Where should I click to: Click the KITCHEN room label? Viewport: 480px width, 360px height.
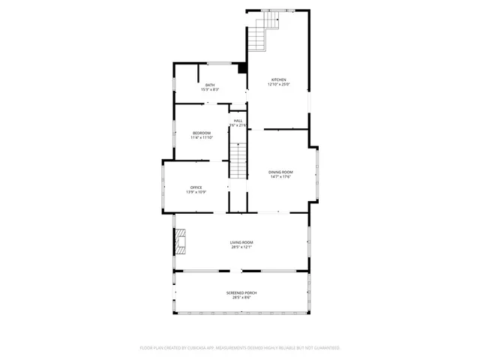(x=278, y=79)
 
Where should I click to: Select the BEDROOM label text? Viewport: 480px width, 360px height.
(x=201, y=133)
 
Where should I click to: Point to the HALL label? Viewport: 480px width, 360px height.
(x=238, y=120)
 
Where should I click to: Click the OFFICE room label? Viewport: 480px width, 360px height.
(x=196, y=187)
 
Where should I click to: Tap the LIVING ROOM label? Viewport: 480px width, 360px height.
(x=241, y=242)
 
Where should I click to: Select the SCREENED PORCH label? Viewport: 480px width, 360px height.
(x=241, y=292)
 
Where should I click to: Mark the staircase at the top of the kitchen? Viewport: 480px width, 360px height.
(x=263, y=31)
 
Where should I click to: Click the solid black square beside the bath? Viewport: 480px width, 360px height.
(x=242, y=68)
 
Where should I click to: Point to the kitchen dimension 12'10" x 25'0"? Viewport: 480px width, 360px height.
(x=278, y=85)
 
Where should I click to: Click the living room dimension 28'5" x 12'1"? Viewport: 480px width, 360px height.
(x=241, y=247)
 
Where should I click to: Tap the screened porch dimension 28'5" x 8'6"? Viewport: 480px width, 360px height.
(x=241, y=298)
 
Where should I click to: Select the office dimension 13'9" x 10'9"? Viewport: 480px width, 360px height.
(x=196, y=192)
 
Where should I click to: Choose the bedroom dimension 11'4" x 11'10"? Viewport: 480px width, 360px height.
(x=201, y=138)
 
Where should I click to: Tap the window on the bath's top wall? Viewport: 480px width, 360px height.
(x=218, y=63)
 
